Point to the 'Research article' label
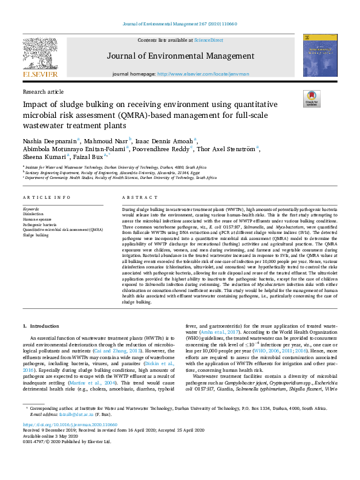(x=42, y=91)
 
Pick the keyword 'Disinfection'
(x=33, y=215)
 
